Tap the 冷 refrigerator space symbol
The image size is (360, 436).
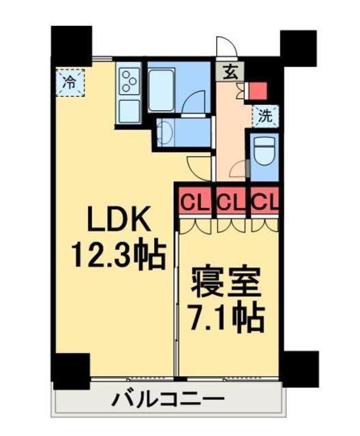70,83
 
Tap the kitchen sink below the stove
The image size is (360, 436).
129,111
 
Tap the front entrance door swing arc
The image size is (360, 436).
226,46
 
